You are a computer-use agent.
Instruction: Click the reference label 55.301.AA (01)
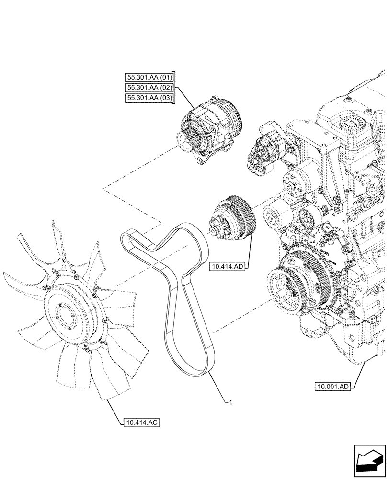tap(150, 77)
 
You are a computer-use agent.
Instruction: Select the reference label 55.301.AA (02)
tap(150, 88)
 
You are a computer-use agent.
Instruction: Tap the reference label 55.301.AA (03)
tap(150, 99)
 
